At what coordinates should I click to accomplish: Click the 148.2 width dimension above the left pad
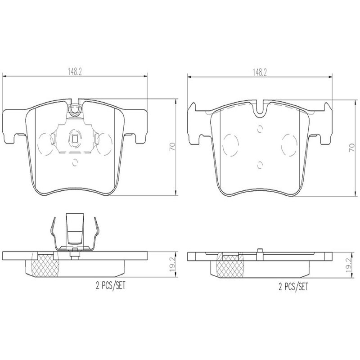[75, 72]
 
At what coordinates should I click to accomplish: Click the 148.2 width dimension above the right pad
[260, 72]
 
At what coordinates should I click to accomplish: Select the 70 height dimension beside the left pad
[172, 147]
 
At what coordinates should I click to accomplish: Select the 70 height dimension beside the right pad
[351, 148]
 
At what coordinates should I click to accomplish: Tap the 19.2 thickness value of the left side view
[172, 264]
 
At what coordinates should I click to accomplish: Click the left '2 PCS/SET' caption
[111, 285]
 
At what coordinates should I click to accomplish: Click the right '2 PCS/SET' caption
[293, 286]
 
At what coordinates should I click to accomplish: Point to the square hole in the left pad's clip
[75, 139]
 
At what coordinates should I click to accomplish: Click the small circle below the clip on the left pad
[75, 162]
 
